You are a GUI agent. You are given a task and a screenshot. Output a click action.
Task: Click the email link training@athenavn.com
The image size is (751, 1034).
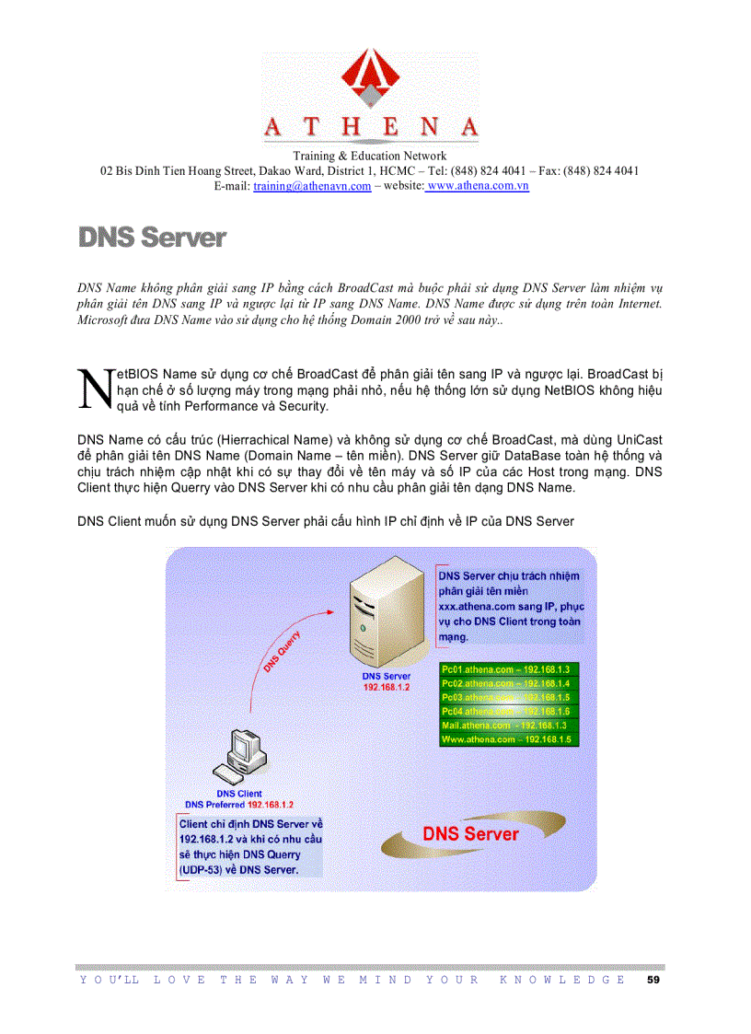312,186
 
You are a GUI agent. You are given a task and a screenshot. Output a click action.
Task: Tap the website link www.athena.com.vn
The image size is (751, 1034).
477,186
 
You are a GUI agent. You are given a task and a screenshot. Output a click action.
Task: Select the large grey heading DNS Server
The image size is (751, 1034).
152,238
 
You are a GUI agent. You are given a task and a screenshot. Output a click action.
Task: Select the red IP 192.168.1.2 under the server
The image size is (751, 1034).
386,688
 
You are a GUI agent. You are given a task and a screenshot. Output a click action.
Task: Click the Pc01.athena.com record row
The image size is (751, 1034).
508,669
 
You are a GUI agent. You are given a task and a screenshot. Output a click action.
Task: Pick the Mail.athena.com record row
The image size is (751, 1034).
508,726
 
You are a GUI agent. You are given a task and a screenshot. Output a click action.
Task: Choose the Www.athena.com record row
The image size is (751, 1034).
508,739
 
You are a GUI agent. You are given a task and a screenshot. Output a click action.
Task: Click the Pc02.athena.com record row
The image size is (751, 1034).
508,683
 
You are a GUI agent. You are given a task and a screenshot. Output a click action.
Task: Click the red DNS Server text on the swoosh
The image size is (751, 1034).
470,834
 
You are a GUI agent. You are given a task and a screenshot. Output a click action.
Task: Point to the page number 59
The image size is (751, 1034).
653,980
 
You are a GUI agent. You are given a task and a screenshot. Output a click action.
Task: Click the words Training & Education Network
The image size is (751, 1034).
369,157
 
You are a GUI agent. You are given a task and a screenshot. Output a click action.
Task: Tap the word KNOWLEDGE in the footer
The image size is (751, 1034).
561,980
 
